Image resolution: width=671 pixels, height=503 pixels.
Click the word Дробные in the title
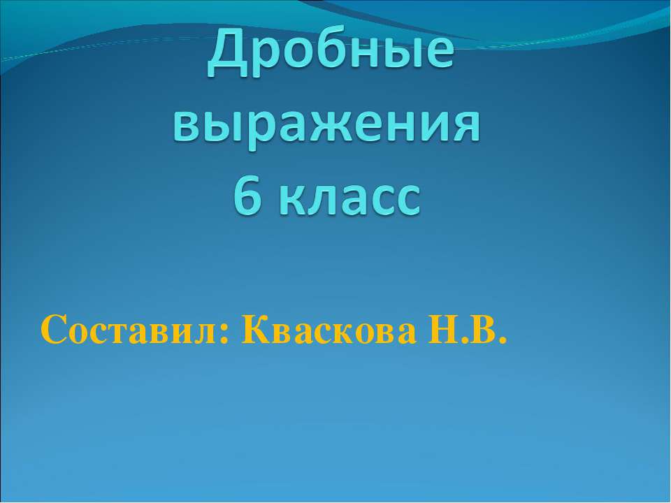[x=331, y=52]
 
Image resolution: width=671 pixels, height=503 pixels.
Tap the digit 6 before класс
[x=247, y=196]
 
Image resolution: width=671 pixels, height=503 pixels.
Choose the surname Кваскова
[x=329, y=330]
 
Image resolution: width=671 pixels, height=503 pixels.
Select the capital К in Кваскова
[x=256, y=329]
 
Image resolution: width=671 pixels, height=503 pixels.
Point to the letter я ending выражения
[x=466, y=124]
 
